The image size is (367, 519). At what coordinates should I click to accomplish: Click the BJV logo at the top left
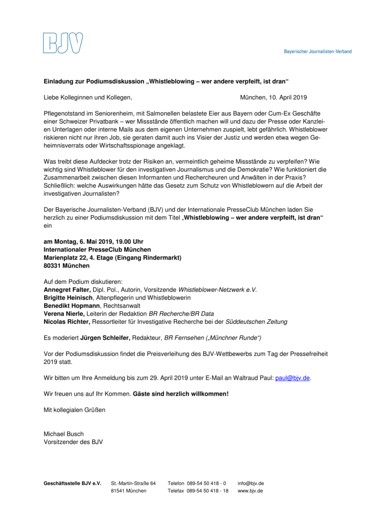pos(63,43)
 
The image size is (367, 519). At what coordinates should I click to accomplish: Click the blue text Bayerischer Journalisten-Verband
pos(317,51)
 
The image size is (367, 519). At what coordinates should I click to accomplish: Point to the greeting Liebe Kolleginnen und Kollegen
pos(88,97)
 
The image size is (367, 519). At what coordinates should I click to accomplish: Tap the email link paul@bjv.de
pos(292,379)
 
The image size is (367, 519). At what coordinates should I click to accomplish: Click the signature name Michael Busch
pos(63,434)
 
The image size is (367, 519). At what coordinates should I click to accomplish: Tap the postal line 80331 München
pos(66,266)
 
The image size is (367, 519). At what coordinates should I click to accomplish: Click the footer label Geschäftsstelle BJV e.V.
pos(72,483)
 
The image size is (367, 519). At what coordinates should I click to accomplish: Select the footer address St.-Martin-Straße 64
pos(133,483)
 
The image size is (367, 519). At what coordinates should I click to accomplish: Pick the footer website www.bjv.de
pos(250,491)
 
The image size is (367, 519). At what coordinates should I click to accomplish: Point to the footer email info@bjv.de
pos(250,483)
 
